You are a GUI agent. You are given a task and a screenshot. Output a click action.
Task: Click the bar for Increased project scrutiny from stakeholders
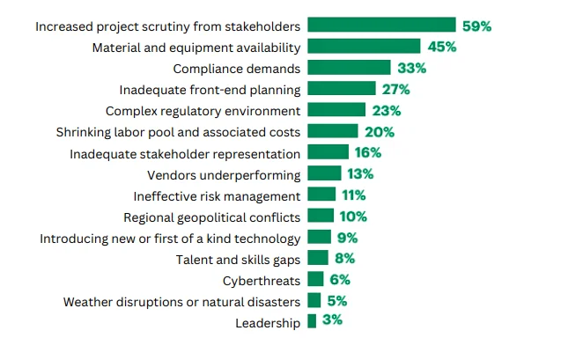click(x=381, y=26)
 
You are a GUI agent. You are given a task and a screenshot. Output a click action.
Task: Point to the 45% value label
click(x=441, y=47)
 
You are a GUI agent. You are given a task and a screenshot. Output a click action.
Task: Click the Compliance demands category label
click(x=237, y=68)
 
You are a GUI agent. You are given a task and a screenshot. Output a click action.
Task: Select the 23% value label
click(x=387, y=110)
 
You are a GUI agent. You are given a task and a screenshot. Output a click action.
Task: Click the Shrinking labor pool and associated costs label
click(x=179, y=132)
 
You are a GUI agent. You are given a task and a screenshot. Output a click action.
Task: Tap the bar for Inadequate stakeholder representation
click(x=328, y=152)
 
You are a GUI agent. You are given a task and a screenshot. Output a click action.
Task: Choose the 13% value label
click(x=361, y=173)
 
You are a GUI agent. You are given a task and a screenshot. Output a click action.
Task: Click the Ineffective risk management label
click(x=217, y=195)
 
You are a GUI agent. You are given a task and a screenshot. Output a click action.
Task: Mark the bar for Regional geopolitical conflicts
click(x=321, y=216)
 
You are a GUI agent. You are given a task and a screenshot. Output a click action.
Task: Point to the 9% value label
click(x=346, y=238)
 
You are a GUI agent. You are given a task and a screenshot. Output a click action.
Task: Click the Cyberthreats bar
click(x=315, y=280)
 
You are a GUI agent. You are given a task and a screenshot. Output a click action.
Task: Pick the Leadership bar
click(x=311, y=322)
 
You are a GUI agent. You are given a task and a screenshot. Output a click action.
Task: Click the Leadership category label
click(x=268, y=323)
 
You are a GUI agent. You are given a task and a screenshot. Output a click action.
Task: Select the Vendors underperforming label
click(x=224, y=174)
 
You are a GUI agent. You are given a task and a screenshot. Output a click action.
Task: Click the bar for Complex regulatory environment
click(x=336, y=110)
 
